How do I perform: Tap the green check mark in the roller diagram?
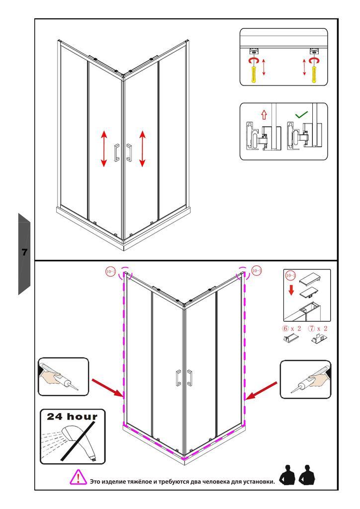pyautogui.click(x=301, y=115)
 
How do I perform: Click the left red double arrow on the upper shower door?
pyautogui.click(x=104, y=149)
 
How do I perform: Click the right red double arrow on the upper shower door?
pyautogui.click(x=143, y=149)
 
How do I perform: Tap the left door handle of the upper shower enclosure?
pyautogui.click(x=117, y=153)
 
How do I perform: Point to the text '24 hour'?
pyautogui.click(x=73, y=416)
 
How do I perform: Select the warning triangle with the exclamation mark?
pyautogui.click(x=78, y=478)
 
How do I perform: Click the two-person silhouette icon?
pyautogui.click(x=297, y=476)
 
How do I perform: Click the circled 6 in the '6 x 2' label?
pyautogui.click(x=285, y=329)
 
